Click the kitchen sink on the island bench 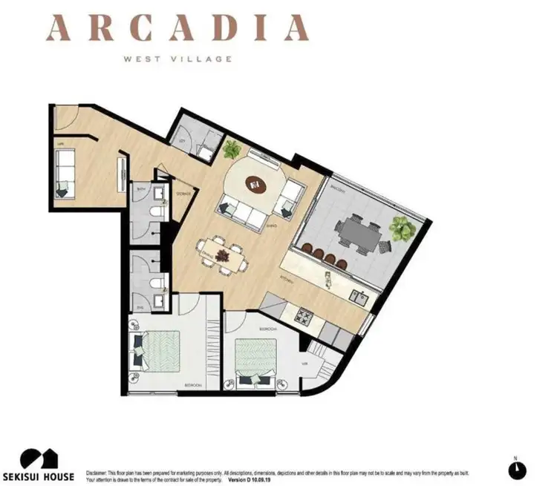(x=361, y=298)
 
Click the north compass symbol (x=517, y=469)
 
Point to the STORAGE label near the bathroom (x=183, y=194)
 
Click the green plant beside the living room (x=232, y=149)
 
